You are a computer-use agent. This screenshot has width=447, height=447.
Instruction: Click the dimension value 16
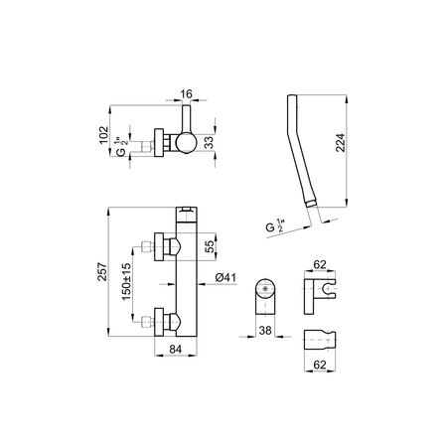[x=187, y=94]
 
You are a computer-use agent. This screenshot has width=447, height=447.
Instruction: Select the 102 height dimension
[x=104, y=135]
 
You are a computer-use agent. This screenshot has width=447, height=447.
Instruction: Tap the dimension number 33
[x=209, y=142]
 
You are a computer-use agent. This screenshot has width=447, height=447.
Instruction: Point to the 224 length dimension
[x=340, y=143]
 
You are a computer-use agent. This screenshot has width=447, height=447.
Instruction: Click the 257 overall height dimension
[x=102, y=272]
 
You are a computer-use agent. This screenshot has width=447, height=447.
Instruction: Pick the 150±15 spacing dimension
[x=126, y=282]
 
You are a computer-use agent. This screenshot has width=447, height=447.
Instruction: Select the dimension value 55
[x=210, y=246]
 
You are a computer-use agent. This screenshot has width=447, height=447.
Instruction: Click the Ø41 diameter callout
[x=225, y=277]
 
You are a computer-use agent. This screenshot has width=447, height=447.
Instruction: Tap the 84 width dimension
[x=176, y=349]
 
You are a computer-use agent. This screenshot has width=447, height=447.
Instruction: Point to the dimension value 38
[x=265, y=330]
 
